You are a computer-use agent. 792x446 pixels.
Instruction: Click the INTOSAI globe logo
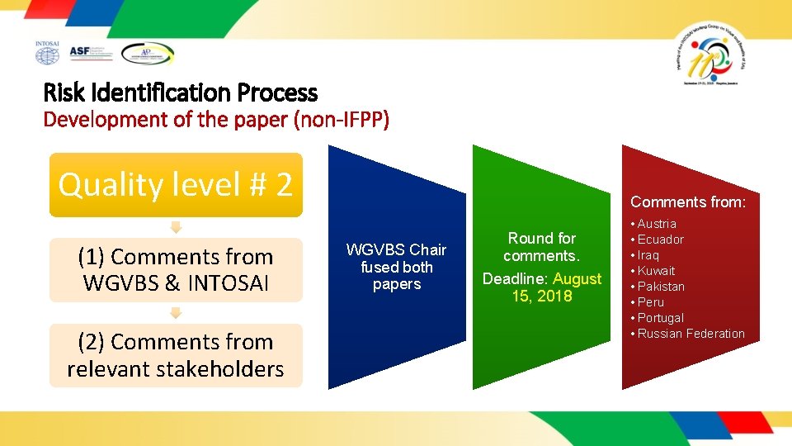tap(47, 53)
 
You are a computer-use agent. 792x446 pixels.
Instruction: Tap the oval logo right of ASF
tap(148, 54)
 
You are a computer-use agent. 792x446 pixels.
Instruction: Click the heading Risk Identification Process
tap(180, 93)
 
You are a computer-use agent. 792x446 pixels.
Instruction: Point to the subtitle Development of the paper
tap(215, 120)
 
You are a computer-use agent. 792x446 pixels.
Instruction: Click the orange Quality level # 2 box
tap(176, 185)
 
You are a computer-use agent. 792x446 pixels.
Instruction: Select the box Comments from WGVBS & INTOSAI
tap(176, 270)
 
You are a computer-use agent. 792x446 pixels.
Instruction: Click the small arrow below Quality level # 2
tap(176, 227)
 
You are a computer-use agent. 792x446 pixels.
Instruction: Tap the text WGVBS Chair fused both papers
tap(396, 267)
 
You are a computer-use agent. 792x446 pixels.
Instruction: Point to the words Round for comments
tap(542, 247)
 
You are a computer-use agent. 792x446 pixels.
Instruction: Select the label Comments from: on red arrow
tap(688, 202)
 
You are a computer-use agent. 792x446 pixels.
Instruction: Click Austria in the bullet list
tap(657, 224)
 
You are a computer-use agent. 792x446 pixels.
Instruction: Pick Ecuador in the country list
tap(660, 240)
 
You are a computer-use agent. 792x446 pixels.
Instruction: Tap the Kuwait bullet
tap(656, 271)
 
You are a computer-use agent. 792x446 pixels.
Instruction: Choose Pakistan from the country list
tap(661, 287)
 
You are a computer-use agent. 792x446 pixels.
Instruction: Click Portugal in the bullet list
tap(660, 318)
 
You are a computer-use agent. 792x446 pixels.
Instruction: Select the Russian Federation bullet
tap(691, 334)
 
